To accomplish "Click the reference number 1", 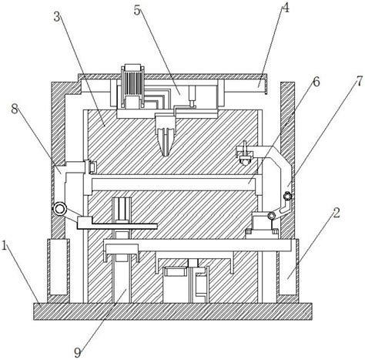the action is click(5, 246).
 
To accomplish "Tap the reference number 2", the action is click(337, 213).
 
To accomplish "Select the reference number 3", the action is click(57, 17).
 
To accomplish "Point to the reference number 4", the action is click(285, 8).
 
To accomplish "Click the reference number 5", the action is click(137, 11).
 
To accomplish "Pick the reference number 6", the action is click(316, 82).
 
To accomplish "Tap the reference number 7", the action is click(360, 81).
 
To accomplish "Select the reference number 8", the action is click(15, 109).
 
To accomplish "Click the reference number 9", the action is click(78, 352).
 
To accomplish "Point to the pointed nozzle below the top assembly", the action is click(166, 136).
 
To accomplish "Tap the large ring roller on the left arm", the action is click(59, 209).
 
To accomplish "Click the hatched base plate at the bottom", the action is click(172, 311).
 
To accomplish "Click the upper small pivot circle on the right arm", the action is click(287, 197).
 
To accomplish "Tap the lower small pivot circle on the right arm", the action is click(271, 216).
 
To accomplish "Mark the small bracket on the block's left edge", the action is click(92, 167).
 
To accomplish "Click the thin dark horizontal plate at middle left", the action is click(125, 226).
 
